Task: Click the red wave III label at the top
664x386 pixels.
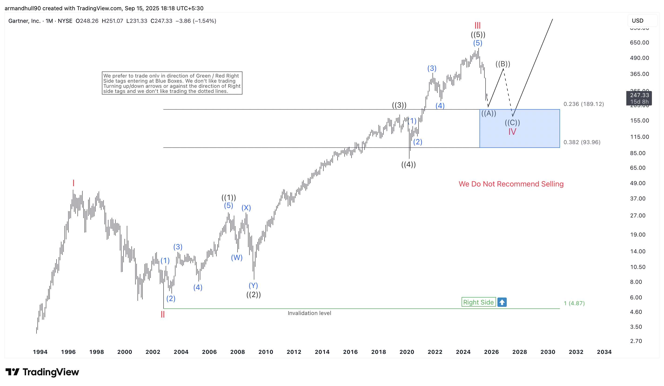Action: pyautogui.click(x=477, y=26)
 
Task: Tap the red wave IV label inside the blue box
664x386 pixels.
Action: pyautogui.click(x=512, y=132)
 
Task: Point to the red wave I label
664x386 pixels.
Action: pyautogui.click(x=74, y=183)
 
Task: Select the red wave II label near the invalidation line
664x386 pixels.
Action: pyautogui.click(x=163, y=314)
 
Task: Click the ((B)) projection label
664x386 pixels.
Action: pyautogui.click(x=503, y=64)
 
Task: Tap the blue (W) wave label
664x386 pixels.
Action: pyautogui.click(x=237, y=257)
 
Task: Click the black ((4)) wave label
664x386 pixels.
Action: pyautogui.click(x=408, y=165)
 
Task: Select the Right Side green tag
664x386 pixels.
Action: pyautogui.click(x=478, y=302)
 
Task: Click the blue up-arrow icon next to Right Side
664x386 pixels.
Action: pyautogui.click(x=502, y=302)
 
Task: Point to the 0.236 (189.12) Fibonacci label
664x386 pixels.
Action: pyautogui.click(x=583, y=104)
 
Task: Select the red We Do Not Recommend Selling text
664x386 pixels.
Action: pyautogui.click(x=511, y=184)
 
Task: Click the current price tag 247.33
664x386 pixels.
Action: pyautogui.click(x=639, y=95)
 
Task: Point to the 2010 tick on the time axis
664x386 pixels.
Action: pyautogui.click(x=266, y=352)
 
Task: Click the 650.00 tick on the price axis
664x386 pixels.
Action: pyautogui.click(x=639, y=42)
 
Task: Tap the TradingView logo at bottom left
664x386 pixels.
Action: pyautogui.click(x=42, y=372)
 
